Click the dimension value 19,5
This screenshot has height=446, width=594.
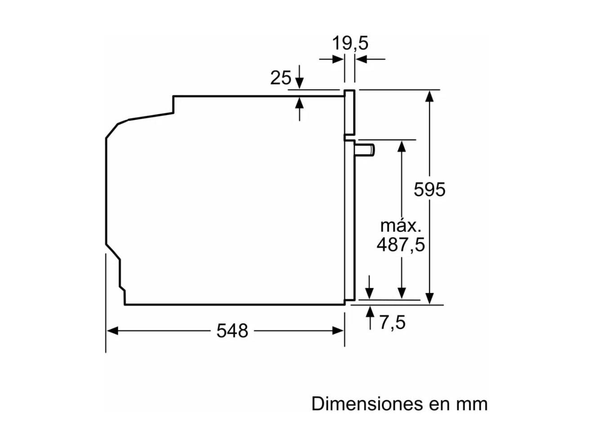[350, 43]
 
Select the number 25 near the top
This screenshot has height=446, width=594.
[281, 78]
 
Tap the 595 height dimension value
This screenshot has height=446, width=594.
[429, 189]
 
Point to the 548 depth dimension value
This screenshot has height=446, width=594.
[232, 331]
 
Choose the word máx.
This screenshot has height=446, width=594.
[401, 226]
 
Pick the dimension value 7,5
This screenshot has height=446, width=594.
[393, 323]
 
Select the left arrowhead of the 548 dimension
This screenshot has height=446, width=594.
[112, 331]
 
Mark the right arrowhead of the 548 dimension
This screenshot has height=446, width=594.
[338, 331]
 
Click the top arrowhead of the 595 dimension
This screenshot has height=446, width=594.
[429, 96]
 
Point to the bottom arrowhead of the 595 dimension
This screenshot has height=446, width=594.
[429, 298]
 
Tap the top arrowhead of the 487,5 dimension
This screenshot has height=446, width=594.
[402, 146]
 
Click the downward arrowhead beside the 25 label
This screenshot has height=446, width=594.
[299, 83]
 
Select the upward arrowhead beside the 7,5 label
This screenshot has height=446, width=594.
[370, 311]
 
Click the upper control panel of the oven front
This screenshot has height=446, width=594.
[349, 112]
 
